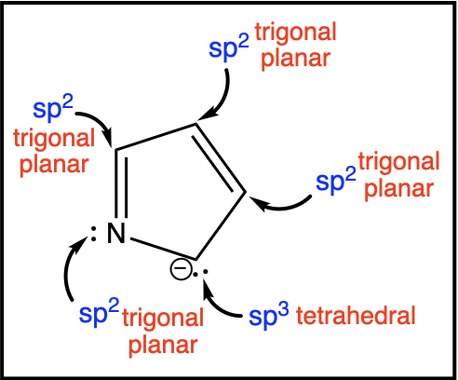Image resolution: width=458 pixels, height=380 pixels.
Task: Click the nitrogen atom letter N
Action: point(116,233)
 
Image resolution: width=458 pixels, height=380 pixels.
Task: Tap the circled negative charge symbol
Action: point(181,269)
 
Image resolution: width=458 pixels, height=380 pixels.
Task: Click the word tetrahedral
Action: point(356,316)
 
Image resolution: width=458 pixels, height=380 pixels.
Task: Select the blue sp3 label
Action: point(269,316)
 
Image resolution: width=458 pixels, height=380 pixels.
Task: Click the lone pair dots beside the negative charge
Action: point(200,273)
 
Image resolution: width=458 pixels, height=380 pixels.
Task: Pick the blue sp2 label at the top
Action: point(229,47)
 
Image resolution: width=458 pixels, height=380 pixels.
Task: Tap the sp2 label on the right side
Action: point(336,181)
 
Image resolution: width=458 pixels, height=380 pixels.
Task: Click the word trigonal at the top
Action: point(296,34)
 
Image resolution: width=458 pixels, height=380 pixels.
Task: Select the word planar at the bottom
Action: point(163,346)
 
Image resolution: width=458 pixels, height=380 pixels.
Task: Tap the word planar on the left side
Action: point(54,165)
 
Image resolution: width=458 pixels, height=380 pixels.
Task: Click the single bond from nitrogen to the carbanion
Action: point(163,249)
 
